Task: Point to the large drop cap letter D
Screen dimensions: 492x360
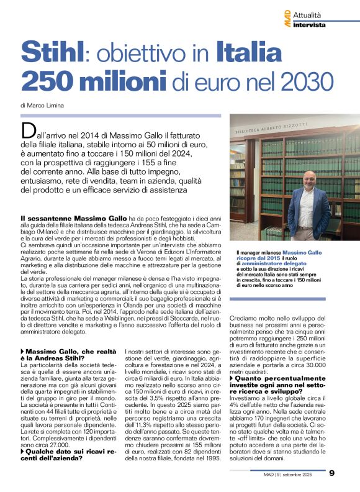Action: point(28,130)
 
